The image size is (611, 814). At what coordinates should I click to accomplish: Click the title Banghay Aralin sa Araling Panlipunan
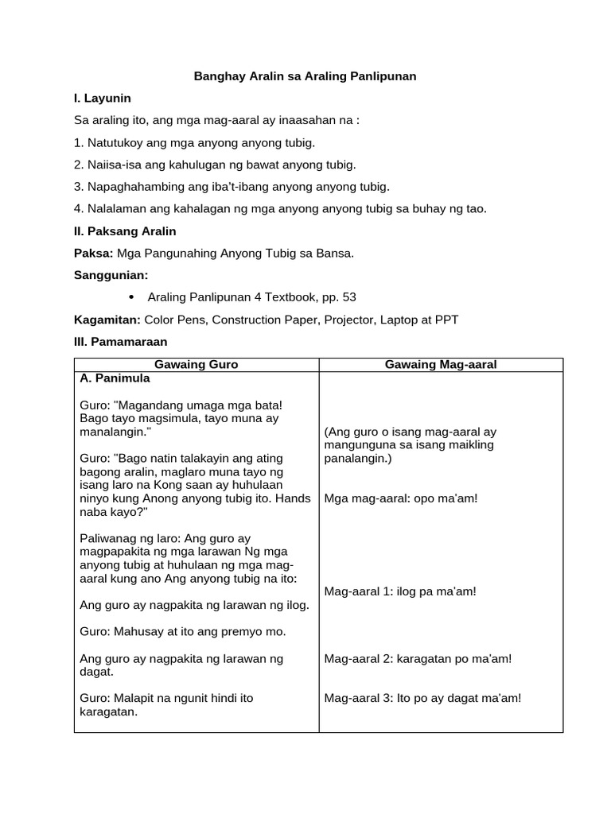coord(305,76)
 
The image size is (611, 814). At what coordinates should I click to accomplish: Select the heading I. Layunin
coord(102,99)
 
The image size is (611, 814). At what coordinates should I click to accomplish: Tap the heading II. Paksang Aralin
coord(125,231)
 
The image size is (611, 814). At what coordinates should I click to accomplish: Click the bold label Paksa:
coord(93,254)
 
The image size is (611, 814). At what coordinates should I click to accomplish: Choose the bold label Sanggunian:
coord(111,275)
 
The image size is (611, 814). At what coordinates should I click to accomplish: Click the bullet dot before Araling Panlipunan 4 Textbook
coord(130,297)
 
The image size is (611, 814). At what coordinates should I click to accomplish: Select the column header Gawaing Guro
coord(196,364)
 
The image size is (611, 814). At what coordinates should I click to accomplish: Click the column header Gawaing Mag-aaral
coord(440,364)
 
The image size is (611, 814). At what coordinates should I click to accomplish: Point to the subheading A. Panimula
coord(115,378)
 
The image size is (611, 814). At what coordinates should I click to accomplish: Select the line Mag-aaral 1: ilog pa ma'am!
coord(400,591)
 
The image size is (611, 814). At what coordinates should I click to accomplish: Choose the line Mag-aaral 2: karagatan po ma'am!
coord(418,658)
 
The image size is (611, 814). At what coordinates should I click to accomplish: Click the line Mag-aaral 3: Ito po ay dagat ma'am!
coord(422,698)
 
